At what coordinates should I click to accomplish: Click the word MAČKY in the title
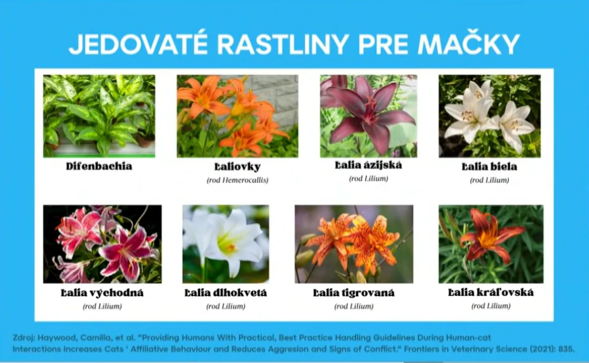coord(469,44)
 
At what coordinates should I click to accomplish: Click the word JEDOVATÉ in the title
coord(138,44)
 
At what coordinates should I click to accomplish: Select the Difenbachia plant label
coord(99,166)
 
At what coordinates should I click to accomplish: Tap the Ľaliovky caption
coord(238,167)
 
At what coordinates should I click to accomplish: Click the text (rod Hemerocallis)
coord(238,180)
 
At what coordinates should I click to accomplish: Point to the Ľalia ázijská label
coord(369,165)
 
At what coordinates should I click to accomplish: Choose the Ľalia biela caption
coord(489,167)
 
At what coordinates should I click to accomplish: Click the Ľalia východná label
coord(102,292)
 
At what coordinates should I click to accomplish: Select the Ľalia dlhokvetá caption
coord(225,292)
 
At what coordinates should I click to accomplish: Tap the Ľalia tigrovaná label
coord(354,293)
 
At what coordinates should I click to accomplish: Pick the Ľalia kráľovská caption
coord(491,292)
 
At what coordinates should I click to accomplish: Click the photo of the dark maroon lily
coord(369,116)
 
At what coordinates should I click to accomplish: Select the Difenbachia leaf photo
coord(99,116)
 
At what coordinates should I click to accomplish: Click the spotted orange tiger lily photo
coord(354,244)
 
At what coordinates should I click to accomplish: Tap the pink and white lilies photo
coord(102,244)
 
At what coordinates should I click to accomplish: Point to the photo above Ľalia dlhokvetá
coord(225,244)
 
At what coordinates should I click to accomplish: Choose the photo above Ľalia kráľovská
coord(491,244)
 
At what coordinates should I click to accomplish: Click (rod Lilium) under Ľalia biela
coord(489,180)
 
